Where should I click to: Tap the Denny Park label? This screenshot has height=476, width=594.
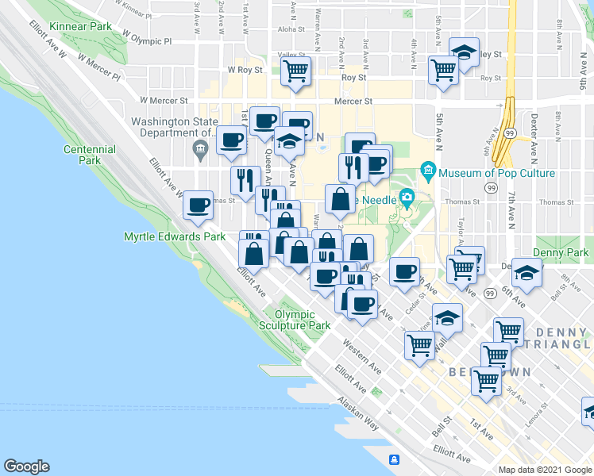(x=567, y=253)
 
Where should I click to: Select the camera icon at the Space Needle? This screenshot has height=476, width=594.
(x=407, y=197)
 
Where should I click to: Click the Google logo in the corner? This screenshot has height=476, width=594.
(x=26, y=466)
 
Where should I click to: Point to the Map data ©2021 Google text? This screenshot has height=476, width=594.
(x=545, y=470)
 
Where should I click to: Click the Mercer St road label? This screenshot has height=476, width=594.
(x=353, y=102)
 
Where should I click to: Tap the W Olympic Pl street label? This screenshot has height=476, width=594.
(x=146, y=40)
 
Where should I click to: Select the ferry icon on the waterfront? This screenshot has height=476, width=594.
(x=394, y=459)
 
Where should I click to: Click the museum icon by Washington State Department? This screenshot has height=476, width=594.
(x=200, y=148)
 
